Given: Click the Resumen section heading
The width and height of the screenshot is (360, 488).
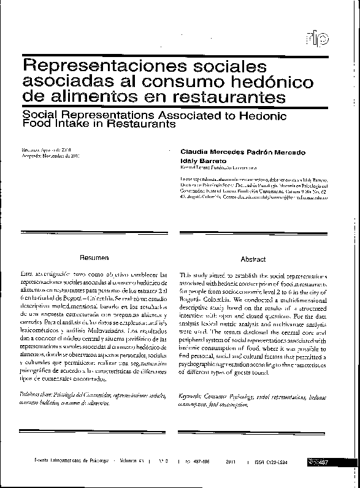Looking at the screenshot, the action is (x=94, y=258).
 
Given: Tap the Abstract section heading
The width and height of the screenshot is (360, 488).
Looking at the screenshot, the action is (x=253, y=259).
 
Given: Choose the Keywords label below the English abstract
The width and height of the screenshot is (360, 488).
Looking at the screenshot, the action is (x=193, y=397).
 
